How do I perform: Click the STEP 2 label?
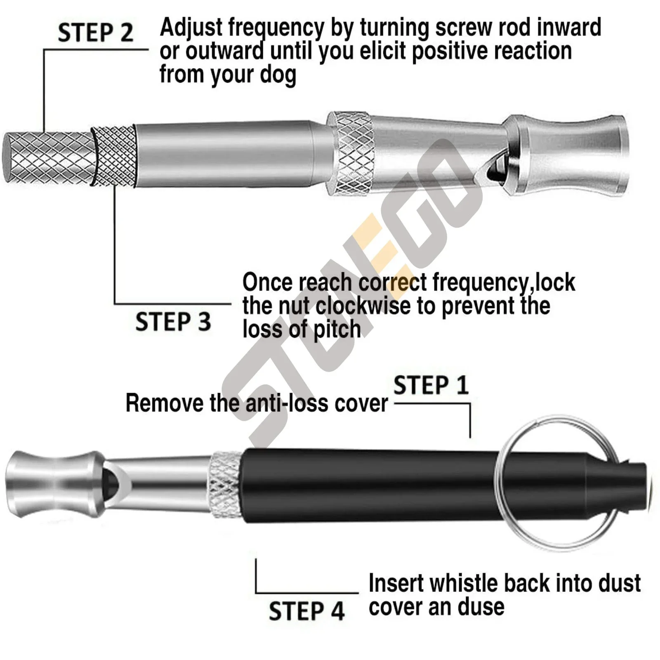95,33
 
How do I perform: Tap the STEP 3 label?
173,322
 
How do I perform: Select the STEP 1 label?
431,386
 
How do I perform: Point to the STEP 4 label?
306,611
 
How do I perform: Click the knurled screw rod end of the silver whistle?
47,158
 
